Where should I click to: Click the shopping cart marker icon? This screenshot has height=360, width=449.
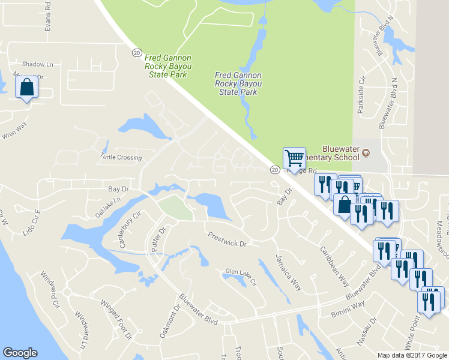click(294, 158)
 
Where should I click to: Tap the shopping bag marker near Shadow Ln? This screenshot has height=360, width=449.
click(26, 88)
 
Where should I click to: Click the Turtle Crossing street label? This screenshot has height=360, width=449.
click(121, 158)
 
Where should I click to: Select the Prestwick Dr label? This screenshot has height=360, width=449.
click(227, 239)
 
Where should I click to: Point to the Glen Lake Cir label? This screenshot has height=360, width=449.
click(241, 276)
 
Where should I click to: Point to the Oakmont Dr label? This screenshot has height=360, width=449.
click(169, 322)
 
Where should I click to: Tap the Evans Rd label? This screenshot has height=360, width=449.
click(49, 20)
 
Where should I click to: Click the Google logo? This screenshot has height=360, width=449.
click(20, 353)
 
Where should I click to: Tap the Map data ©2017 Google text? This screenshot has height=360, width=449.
click(412, 355)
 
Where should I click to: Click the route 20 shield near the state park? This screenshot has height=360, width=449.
click(136, 53)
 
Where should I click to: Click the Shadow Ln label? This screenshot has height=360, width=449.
click(38, 64)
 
